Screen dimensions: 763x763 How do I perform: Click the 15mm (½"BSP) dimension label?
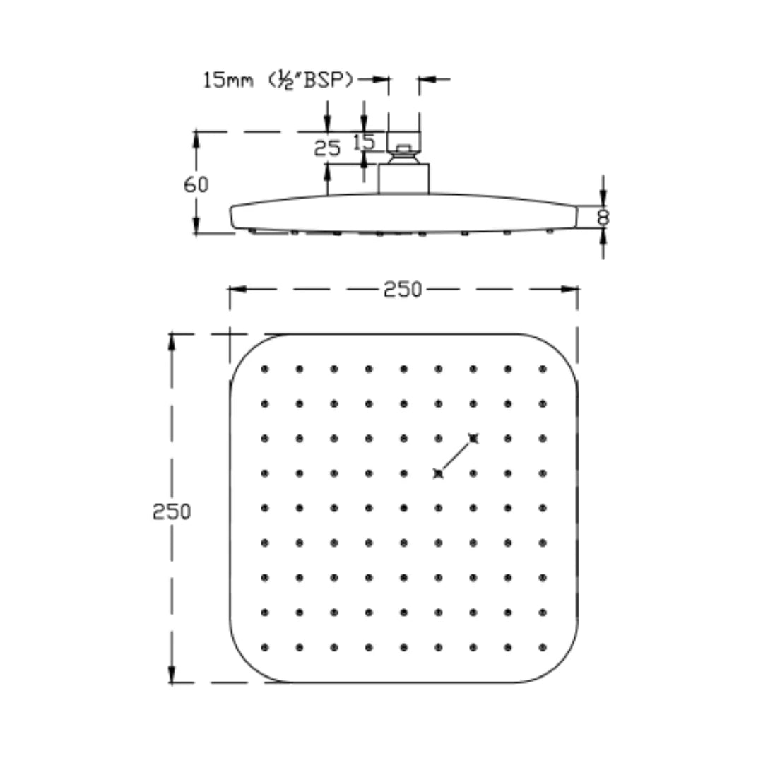click(x=278, y=81)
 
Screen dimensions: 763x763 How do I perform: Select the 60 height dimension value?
click(x=196, y=185)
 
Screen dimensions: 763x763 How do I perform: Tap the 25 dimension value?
click(x=327, y=148)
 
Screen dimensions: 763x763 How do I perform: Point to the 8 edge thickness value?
click(x=603, y=216)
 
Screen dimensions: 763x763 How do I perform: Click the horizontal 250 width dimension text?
click(x=403, y=290)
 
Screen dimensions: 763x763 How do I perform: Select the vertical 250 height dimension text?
click(x=172, y=511)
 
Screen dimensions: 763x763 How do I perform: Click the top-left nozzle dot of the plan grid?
click(x=265, y=369)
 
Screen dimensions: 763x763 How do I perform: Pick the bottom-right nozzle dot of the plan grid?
click(x=543, y=646)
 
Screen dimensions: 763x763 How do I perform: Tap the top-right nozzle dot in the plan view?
click(x=543, y=369)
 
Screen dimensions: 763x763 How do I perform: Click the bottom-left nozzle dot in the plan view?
click(x=265, y=646)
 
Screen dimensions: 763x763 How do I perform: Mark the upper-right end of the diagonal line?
click(x=473, y=438)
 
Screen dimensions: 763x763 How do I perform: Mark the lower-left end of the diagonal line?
click(x=439, y=473)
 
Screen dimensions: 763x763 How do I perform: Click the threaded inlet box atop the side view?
click(x=403, y=139)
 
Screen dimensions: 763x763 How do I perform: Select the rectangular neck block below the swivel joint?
click(x=403, y=179)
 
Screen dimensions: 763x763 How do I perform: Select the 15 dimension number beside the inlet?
click(x=364, y=142)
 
